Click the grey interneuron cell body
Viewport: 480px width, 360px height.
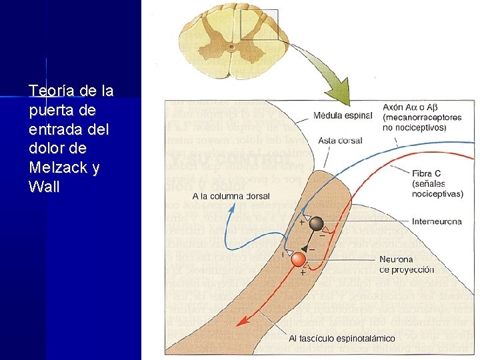[x=316, y=224]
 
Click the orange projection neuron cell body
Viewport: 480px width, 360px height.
[x=298, y=259]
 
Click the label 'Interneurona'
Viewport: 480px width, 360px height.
[x=437, y=221]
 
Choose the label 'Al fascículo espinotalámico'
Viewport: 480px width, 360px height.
[x=342, y=338]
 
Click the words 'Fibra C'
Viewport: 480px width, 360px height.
[x=427, y=173]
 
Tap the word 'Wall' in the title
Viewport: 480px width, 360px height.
[x=45, y=187]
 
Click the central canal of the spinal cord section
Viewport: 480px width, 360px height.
[x=231, y=47]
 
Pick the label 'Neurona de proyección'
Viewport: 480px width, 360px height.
[x=406, y=264]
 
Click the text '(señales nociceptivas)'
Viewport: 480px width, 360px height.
[x=437, y=189]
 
